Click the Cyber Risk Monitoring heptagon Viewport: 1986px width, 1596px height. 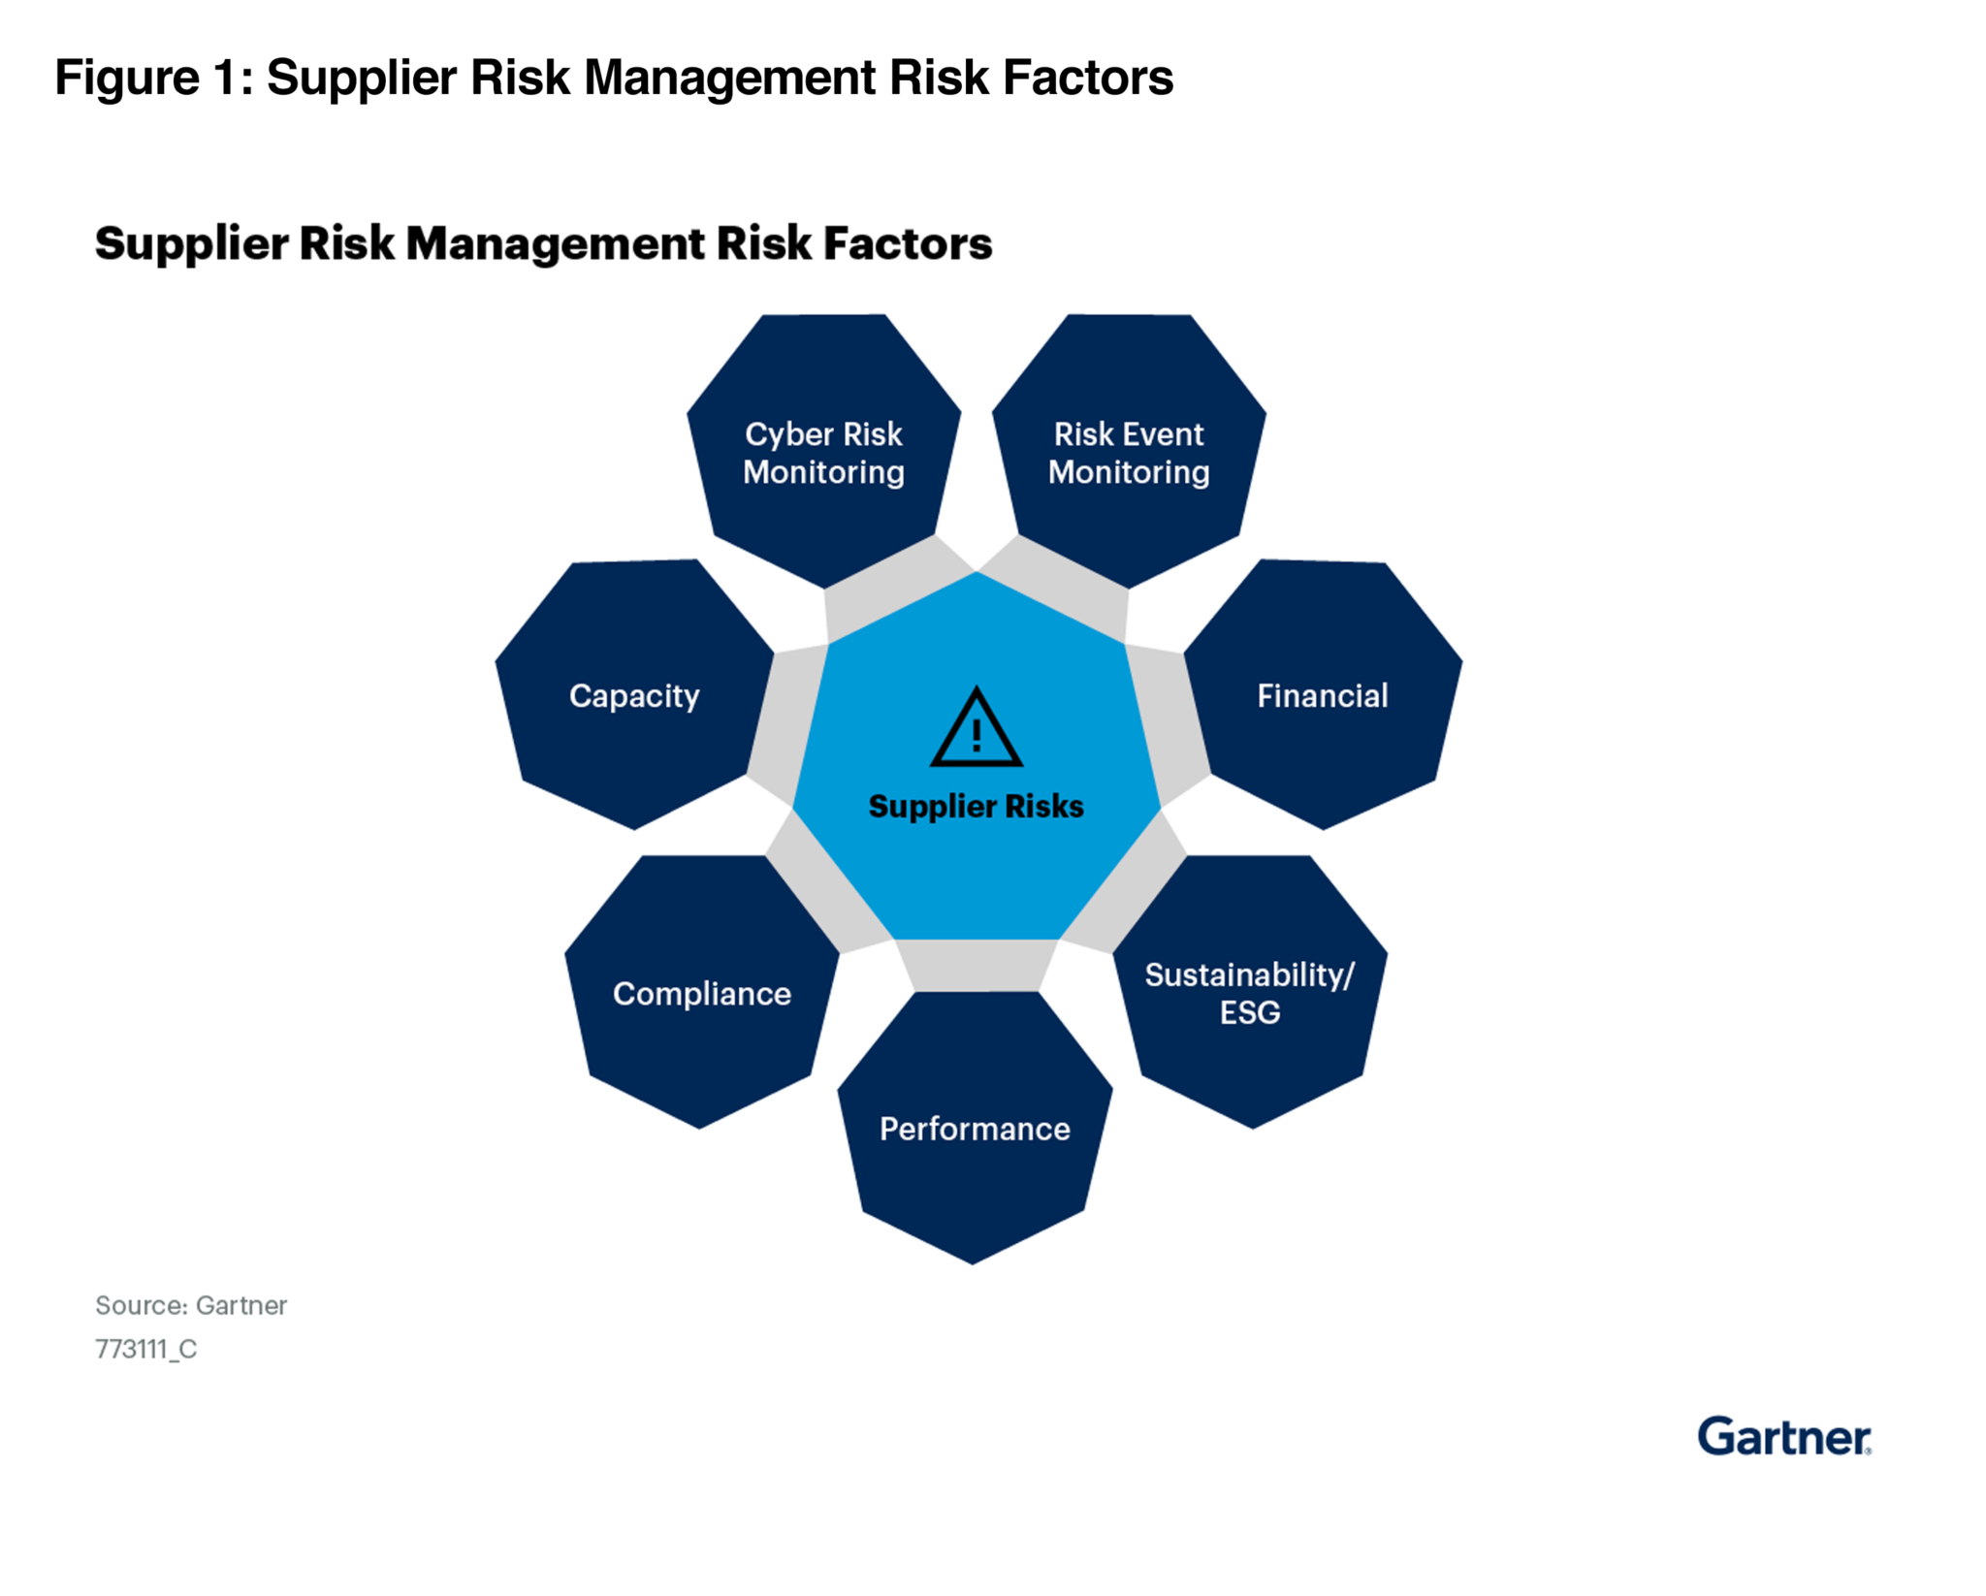[x=823, y=451]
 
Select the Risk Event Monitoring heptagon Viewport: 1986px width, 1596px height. [x=1129, y=451]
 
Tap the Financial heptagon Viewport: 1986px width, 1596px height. [x=1323, y=694]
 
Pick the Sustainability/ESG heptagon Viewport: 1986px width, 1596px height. [x=1250, y=992]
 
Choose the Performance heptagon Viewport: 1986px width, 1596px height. [x=975, y=1128]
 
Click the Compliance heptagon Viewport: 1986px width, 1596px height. [x=701, y=992]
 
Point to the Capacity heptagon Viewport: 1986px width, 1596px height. [x=634, y=694]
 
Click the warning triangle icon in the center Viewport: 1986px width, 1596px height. [x=977, y=728]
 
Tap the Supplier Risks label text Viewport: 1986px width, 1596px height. [x=976, y=806]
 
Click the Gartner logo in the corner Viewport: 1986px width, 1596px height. [x=1784, y=1436]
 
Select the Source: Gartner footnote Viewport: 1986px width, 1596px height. [x=191, y=1305]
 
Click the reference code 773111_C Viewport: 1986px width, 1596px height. [x=146, y=1349]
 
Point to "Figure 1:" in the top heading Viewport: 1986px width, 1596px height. [x=154, y=77]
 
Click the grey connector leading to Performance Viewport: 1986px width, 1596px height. [x=976, y=965]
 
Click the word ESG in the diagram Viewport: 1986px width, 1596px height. [x=1250, y=1012]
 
